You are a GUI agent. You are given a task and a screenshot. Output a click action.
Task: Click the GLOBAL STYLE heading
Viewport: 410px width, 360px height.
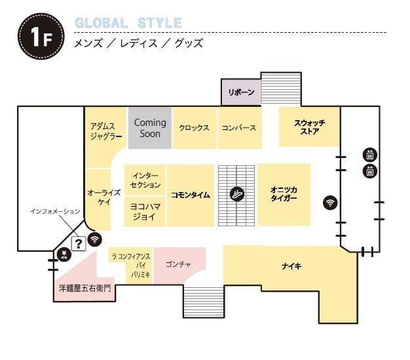[x=128, y=23]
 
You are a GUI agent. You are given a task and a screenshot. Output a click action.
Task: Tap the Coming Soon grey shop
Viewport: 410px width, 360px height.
[x=150, y=127]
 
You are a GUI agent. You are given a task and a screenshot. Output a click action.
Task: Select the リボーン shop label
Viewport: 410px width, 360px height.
[x=241, y=92]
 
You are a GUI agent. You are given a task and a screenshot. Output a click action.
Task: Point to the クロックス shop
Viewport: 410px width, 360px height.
[x=194, y=128]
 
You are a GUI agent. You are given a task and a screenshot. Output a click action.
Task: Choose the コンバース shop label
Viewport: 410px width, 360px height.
[x=238, y=128]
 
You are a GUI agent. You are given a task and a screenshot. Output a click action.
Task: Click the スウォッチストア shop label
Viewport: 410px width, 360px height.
[x=309, y=127]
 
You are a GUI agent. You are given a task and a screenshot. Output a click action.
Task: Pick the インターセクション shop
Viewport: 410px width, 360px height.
[x=145, y=180]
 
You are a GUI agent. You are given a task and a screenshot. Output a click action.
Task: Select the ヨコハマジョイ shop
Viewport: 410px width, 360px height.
[x=145, y=212]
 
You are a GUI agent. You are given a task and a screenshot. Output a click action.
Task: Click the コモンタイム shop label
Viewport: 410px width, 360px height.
[x=191, y=195]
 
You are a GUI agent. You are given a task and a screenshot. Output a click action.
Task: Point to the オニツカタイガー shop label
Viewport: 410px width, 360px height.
[x=284, y=194]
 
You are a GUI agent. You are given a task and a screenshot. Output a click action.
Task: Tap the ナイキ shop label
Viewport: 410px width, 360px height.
[x=291, y=266]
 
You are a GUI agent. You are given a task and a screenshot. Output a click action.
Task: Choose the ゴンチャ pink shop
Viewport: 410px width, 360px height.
[x=178, y=264]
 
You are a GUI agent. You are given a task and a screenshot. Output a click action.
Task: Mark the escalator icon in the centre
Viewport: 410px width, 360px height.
[x=236, y=194]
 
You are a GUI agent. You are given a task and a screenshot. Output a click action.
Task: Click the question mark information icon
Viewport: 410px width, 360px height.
[x=79, y=244]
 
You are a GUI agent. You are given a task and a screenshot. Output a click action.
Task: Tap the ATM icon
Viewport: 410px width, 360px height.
[x=64, y=255]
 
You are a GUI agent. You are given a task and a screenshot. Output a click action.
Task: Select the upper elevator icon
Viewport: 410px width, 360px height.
[x=370, y=155]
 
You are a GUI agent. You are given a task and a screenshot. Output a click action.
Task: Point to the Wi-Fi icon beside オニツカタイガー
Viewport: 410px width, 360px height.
[x=329, y=203]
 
